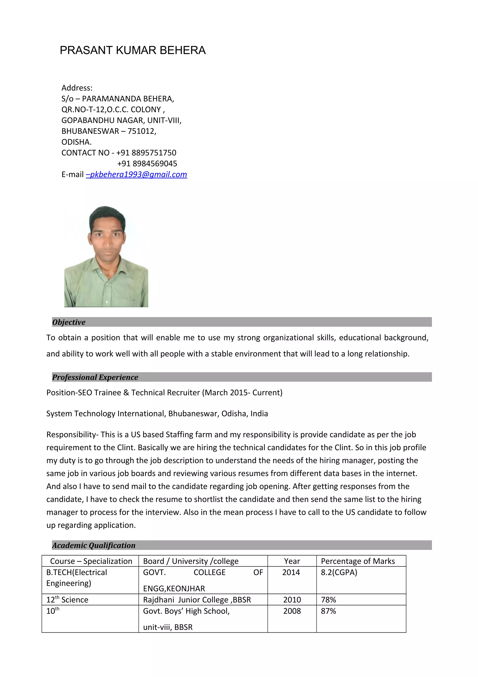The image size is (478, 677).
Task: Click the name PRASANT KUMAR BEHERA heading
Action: (x=133, y=50)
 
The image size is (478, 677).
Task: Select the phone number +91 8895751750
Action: (x=146, y=153)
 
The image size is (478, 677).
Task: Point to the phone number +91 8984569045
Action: (x=147, y=164)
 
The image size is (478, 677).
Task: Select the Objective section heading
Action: (x=69, y=322)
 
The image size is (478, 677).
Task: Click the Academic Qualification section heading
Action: (x=94, y=545)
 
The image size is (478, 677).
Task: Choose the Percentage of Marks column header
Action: (x=358, y=561)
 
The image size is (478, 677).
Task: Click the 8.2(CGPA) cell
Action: (x=339, y=572)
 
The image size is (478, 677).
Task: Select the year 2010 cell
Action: (x=292, y=600)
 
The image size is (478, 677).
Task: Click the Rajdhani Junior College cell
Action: (x=197, y=600)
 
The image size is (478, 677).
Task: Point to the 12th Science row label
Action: (x=67, y=600)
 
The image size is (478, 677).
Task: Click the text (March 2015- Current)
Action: (x=242, y=393)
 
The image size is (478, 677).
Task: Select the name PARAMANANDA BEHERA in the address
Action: (x=127, y=99)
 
